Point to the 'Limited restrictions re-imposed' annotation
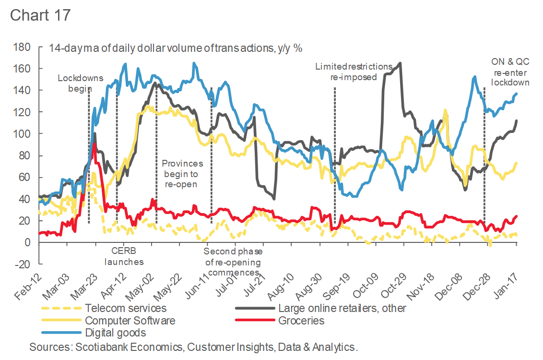[x=354, y=72]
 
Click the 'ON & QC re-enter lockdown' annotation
[x=510, y=72]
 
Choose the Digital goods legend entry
[x=115, y=332]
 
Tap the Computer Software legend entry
[x=130, y=320]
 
